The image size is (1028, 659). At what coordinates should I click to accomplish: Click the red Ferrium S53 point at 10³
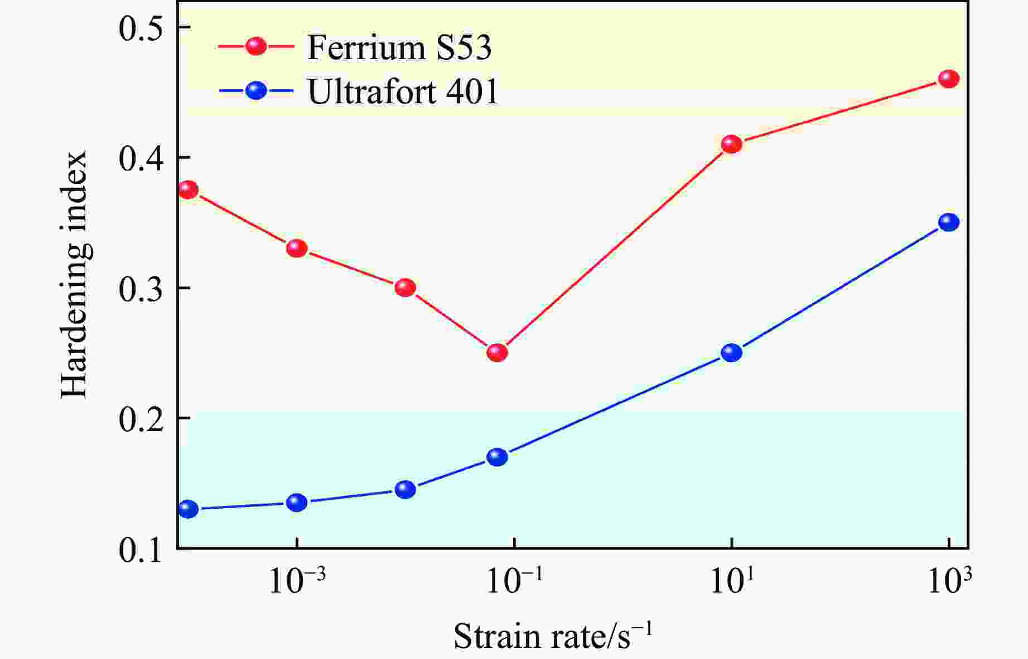point(948,79)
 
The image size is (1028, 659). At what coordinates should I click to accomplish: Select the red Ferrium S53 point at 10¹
point(731,144)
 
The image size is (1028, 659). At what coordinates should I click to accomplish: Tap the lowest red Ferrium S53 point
point(497,352)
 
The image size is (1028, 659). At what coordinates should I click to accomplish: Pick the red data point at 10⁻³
point(297,248)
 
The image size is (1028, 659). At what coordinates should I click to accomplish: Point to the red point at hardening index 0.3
point(405,288)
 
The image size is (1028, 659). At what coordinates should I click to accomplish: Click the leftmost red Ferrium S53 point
point(189,190)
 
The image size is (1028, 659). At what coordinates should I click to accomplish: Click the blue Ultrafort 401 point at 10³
point(948,222)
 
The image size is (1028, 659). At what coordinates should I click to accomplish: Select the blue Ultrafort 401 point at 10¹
point(731,352)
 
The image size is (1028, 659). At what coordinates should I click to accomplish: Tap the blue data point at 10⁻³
point(297,502)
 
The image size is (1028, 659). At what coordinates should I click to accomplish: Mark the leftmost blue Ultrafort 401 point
point(189,509)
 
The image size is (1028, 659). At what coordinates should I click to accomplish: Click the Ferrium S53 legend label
point(399,47)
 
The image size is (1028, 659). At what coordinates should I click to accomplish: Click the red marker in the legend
point(257,46)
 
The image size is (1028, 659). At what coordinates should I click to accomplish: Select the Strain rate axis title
point(552,636)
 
